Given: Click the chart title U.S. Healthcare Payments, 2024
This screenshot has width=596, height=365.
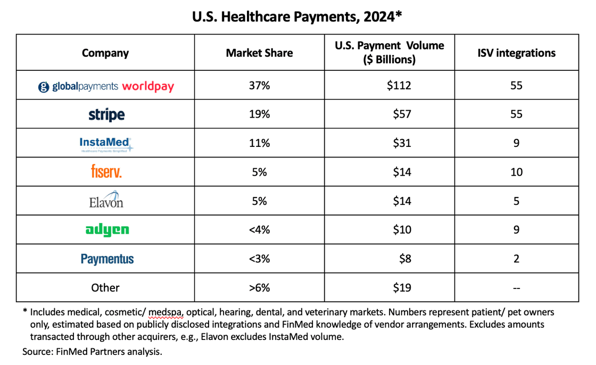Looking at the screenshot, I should click(297, 16).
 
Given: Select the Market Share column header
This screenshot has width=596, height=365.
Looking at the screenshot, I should click(259, 53).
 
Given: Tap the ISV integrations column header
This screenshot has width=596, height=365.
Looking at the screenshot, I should click(516, 53).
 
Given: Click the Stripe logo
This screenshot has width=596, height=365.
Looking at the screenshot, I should click(106, 114).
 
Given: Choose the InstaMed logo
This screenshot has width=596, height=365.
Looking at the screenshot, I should click(105, 144).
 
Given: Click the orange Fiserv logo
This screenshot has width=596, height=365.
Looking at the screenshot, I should click(106, 172).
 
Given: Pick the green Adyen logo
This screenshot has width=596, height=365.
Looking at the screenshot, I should click(107, 230).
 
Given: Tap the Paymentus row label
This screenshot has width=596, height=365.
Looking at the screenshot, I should click(107, 259).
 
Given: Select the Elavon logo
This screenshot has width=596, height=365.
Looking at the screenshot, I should click(106, 201).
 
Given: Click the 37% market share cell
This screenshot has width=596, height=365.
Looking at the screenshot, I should click(259, 85).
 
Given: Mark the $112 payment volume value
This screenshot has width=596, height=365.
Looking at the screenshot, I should click(399, 85).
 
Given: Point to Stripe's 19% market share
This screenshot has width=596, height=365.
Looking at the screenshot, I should click(259, 114).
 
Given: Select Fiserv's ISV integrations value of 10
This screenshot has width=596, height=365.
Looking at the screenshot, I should click(516, 172).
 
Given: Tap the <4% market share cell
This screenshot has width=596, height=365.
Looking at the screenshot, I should click(259, 230).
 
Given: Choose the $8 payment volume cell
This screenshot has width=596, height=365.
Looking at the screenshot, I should click(405, 259).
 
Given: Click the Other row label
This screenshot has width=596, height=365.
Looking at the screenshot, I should click(105, 288).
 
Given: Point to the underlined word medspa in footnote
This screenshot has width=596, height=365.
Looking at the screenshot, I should click(166, 312).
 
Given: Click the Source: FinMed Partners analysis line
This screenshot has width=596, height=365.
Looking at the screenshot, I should click(92, 351).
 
